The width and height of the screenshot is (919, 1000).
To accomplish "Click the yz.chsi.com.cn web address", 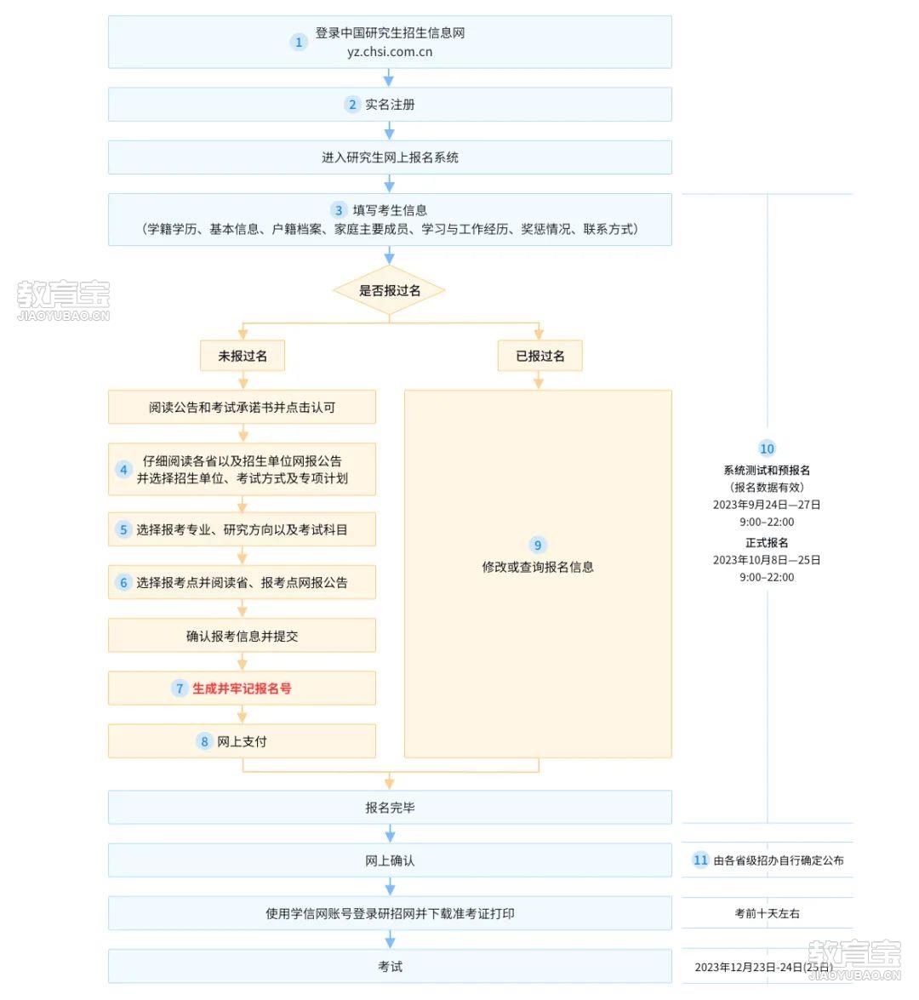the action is (x=390, y=52).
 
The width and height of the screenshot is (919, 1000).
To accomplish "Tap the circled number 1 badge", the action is (x=299, y=42).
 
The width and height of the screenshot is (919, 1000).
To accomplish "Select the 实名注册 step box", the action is (x=390, y=105).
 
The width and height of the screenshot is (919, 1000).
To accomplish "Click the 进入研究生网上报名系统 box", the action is (x=390, y=157).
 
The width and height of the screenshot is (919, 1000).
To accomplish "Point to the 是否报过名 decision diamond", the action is (x=389, y=290).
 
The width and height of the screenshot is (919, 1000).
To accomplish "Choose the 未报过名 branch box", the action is (x=243, y=356).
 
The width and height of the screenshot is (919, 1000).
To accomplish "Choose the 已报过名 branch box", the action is (x=539, y=356).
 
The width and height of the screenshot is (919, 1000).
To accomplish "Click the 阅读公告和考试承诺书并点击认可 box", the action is (x=242, y=407).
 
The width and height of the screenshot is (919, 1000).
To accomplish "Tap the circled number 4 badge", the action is (x=123, y=470).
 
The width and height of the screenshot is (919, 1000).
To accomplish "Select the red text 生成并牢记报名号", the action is (x=242, y=689).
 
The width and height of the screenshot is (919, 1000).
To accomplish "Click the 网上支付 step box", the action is (x=242, y=741).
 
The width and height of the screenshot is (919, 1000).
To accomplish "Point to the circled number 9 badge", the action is (x=538, y=546).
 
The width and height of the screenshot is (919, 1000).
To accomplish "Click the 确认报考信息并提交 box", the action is (x=242, y=636).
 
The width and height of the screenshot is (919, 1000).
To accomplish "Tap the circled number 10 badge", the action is (x=767, y=449).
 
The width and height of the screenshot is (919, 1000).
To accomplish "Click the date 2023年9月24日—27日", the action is (x=767, y=505).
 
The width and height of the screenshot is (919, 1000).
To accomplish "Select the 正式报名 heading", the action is (x=767, y=543).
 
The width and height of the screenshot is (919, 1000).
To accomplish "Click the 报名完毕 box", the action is (x=390, y=808).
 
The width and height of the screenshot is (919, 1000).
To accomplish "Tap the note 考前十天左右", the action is (x=767, y=913).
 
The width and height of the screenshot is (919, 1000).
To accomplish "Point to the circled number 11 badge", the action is (x=701, y=860).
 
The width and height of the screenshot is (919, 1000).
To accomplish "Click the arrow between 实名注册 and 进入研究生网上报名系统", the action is (x=389, y=131).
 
